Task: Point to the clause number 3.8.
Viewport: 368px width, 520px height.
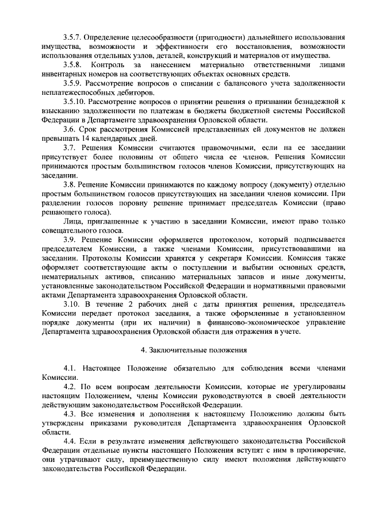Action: pyautogui.click(x=70, y=186)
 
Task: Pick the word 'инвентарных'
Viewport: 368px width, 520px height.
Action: pyautogui.click(x=64, y=75)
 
